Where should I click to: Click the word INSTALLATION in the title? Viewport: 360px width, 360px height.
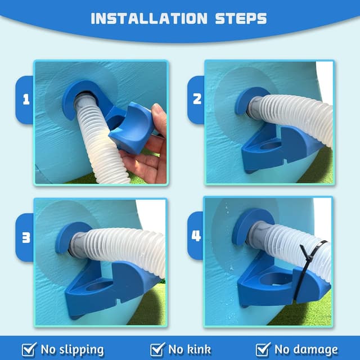click(x=148, y=18)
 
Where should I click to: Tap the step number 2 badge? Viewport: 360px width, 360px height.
click(x=196, y=99)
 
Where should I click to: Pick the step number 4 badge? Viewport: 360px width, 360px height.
click(x=196, y=235)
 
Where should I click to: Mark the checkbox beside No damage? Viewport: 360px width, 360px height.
click(x=263, y=349)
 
